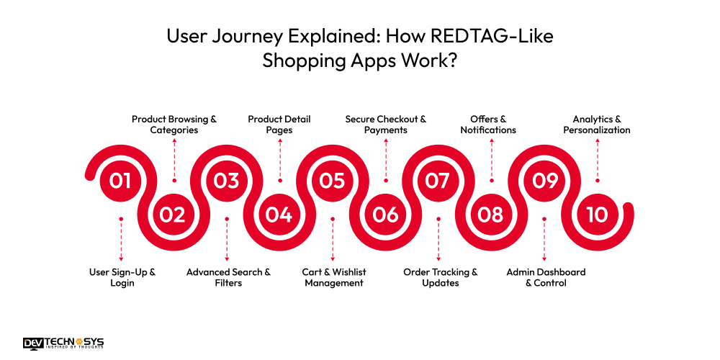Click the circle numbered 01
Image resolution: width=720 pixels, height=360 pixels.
(120, 180)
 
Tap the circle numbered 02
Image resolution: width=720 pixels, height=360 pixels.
(173, 215)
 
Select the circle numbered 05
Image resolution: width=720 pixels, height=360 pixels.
(332, 180)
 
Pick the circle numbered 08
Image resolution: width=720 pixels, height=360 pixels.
(490, 215)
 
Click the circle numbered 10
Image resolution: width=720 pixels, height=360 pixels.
(596, 215)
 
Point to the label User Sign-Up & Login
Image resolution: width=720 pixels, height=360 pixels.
(122, 277)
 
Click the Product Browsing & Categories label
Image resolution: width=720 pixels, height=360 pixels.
(174, 125)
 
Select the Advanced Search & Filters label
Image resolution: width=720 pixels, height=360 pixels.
(228, 277)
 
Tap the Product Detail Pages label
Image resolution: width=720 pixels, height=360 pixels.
(279, 125)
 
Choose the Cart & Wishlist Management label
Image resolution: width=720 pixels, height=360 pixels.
(334, 277)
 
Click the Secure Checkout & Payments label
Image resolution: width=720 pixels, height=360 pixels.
(386, 125)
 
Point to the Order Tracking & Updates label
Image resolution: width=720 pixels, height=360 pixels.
(440, 277)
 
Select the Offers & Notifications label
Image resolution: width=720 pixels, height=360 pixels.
(493, 125)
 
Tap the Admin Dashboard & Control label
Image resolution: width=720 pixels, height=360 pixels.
(546, 277)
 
